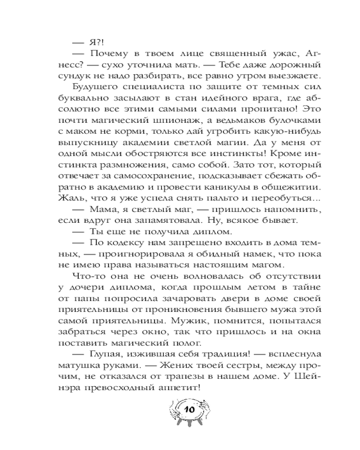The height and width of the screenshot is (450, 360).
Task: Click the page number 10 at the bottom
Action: pos(189,410)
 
